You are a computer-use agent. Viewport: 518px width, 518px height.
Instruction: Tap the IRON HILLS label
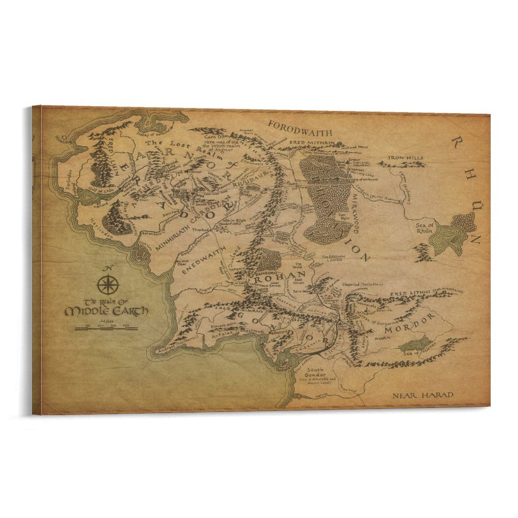[x=406, y=158]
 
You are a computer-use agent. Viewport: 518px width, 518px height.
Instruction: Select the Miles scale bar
[x=106, y=328]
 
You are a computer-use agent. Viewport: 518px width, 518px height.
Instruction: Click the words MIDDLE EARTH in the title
[x=107, y=311]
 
